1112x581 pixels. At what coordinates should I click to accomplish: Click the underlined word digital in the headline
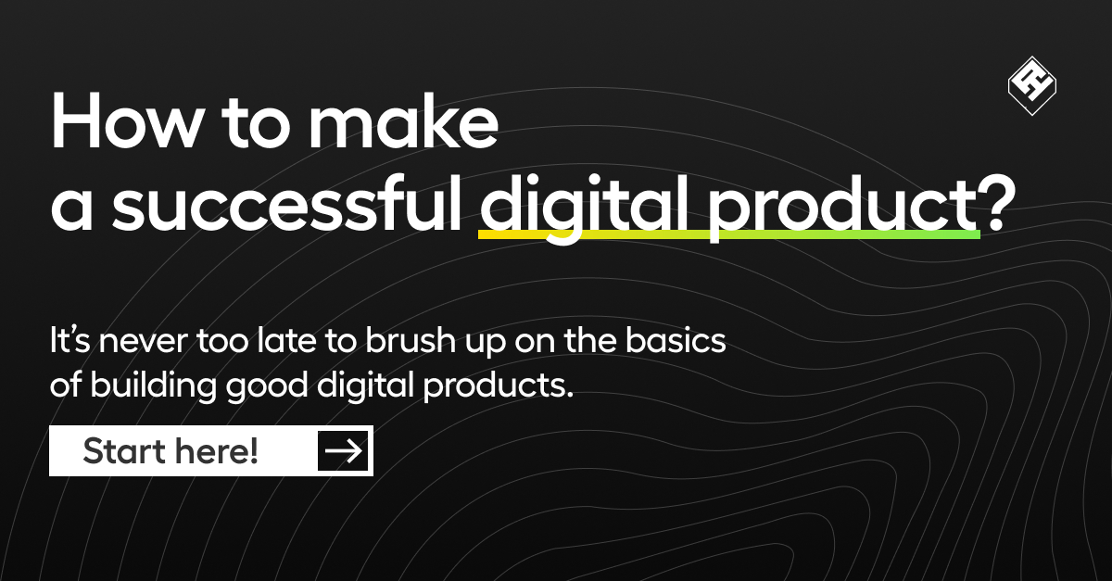(565, 207)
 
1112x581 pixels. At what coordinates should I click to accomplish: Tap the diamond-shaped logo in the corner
(1032, 87)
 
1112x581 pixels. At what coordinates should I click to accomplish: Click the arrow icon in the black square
(344, 451)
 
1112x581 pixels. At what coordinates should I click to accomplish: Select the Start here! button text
(171, 451)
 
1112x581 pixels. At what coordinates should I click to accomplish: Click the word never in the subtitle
(146, 342)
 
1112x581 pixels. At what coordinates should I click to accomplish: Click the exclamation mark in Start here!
(253, 451)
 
